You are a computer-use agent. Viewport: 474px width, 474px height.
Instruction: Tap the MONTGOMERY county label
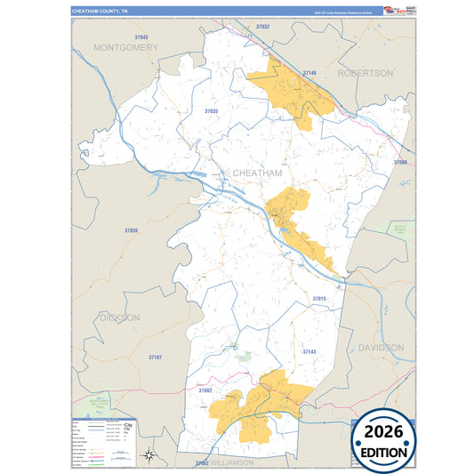tap(125, 47)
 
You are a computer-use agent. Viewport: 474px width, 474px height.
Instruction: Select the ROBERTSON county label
tap(365, 72)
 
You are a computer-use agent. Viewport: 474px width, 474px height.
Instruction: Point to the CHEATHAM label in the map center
tap(256, 173)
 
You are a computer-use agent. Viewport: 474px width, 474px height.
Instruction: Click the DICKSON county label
tap(119, 317)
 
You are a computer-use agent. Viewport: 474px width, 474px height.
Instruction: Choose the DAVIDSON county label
tap(381, 348)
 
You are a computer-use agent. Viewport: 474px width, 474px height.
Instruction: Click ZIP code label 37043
tap(141, 36)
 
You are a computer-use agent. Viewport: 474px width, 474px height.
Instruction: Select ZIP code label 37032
tap(262, 28)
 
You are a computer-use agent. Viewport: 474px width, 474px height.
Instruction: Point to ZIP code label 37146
tap(309, 72)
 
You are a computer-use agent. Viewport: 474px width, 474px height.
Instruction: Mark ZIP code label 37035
tap(211, 111)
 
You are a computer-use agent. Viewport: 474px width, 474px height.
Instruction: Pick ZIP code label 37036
tap(131, 230)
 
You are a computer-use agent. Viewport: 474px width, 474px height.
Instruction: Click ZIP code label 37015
tap(319, 298)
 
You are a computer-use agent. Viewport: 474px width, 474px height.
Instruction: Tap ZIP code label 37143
tap(309, 352)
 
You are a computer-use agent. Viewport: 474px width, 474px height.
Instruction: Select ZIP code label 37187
tap(155, 357)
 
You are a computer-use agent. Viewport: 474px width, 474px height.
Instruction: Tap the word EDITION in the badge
tap(385, 453)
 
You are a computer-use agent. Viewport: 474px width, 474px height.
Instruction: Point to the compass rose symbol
tap(150, 456)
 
